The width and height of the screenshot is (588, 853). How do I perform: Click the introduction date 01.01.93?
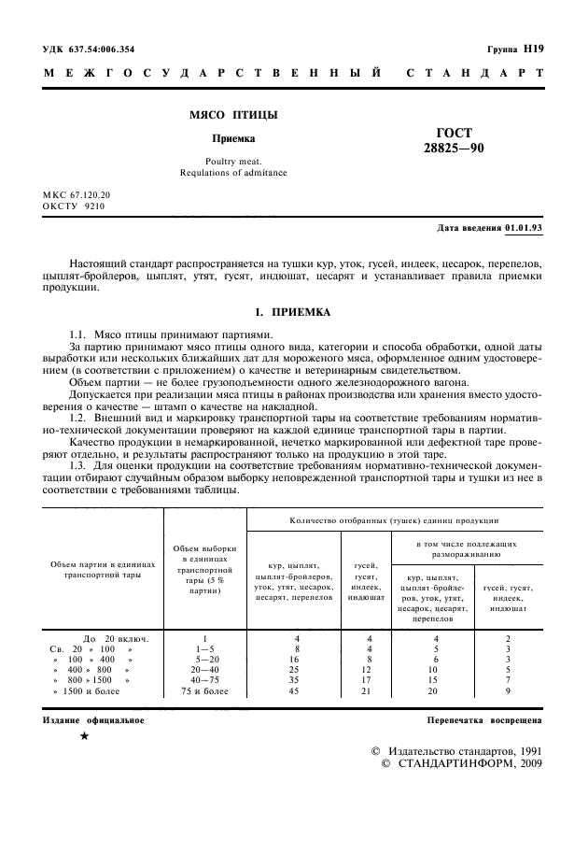click(524, 227)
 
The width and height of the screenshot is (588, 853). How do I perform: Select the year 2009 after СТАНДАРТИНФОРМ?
click(523, 762)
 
